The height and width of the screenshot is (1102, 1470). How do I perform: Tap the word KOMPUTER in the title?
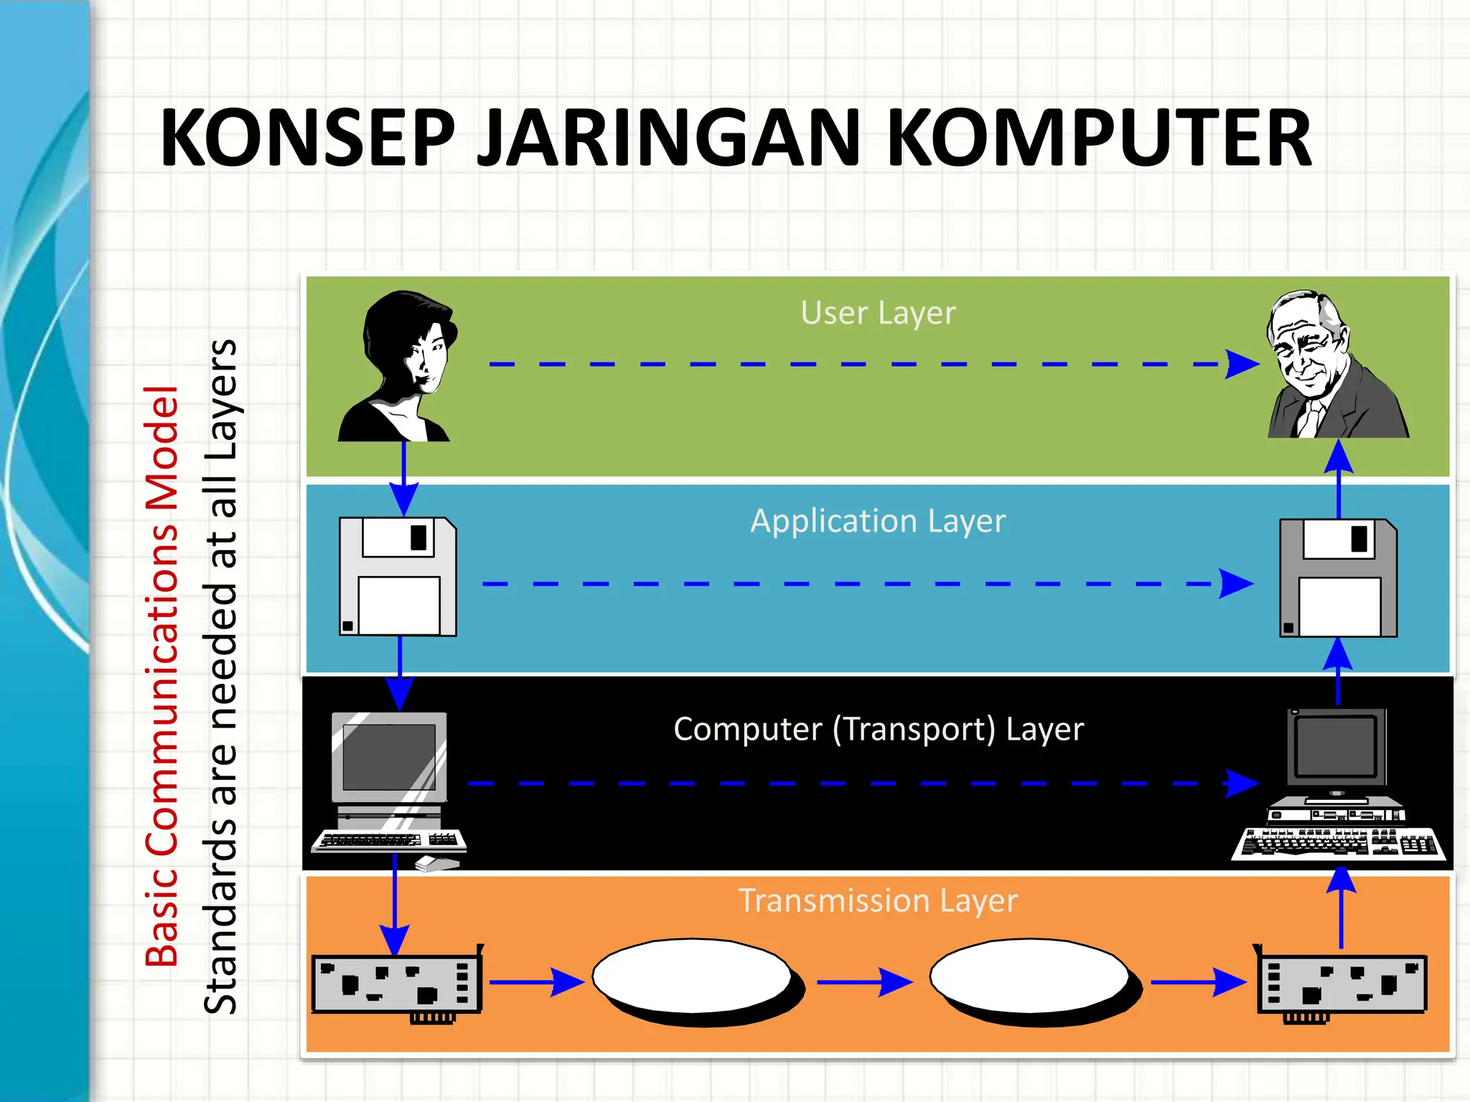(1098, 138)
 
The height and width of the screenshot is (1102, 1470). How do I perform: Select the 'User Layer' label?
(878, 314)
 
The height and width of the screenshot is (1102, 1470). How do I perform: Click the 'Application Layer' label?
(878, 522)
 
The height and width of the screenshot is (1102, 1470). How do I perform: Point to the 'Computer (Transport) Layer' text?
(878, 730)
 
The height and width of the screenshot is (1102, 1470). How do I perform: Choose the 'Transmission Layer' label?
(878, 900)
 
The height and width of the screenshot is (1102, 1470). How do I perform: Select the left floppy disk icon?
(398, 577)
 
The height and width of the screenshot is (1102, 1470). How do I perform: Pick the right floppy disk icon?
(1339, 578)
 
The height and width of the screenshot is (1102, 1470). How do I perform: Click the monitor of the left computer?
(389, 758)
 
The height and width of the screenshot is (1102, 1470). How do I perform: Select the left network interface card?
(397, 984)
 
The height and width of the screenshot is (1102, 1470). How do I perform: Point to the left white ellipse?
(693, 976)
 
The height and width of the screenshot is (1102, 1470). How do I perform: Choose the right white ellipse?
(1030, 976)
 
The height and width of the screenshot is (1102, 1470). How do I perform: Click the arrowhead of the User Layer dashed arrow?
(1242, 364)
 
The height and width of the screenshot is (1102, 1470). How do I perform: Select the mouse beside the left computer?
(437, 863)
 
